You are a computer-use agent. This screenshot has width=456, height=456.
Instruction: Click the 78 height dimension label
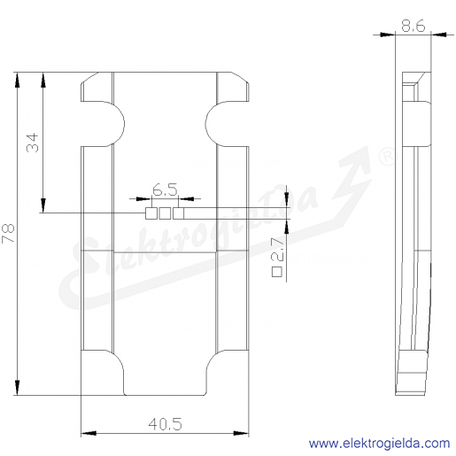tap(8, 233)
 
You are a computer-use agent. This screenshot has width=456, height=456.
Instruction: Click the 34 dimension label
tap(33, 143)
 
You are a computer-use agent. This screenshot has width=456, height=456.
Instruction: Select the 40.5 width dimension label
tap(165, 424)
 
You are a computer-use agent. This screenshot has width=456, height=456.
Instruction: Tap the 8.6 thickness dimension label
tap(413, 26)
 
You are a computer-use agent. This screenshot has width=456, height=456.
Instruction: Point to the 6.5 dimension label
tap(165, 190)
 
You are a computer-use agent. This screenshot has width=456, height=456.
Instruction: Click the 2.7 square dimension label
tap(278, 250)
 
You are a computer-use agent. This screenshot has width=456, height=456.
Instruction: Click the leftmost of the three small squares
tap(151, 213)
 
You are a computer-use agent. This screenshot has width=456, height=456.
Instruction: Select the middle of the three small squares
tap(165, 213)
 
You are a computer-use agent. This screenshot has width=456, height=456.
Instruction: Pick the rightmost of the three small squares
tap(178, 213)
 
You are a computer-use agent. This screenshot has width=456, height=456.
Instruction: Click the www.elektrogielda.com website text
tap(379, 444)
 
